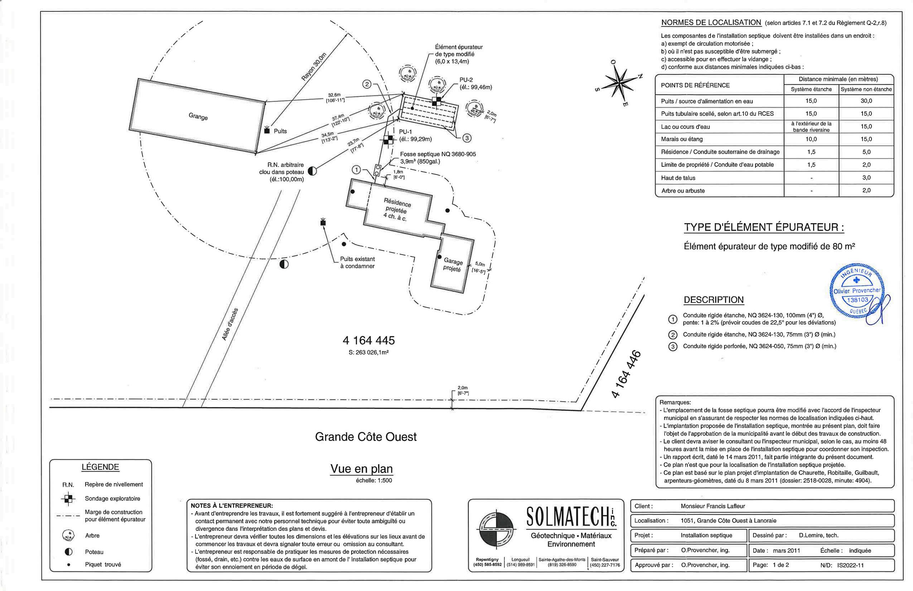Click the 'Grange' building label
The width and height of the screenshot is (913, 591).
click(x=198, y=116)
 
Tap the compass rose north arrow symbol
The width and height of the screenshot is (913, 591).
click(x=619, y=82)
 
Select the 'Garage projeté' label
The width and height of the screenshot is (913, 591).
click(x=453, y=265)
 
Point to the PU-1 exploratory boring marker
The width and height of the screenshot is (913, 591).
click(x=388, y=140)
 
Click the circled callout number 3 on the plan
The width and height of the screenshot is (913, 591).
click(x=467, y=138)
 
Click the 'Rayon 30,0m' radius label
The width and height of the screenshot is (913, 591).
click(x=313, y=67)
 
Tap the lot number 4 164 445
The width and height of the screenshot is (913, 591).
click(x=368, y=340)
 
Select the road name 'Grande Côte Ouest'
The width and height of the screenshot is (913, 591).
click(x=366, y=437)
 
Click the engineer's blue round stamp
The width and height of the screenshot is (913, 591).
click(x=859, y=294)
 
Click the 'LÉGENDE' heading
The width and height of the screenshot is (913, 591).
click(x=101, y=467)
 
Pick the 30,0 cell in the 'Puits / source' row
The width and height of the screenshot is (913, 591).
click(x=866, y=101)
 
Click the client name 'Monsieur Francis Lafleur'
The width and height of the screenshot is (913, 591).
click(x=713, y=506)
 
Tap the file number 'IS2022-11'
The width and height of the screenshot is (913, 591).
click(x=850, y=565)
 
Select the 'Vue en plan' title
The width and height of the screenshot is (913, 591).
click(x=361, y=469)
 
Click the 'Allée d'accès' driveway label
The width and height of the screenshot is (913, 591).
click(x=230, y=324)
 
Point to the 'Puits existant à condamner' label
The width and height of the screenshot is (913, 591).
click(x=357, y=263)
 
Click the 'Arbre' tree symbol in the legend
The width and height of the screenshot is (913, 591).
click(x=68, y=535)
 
